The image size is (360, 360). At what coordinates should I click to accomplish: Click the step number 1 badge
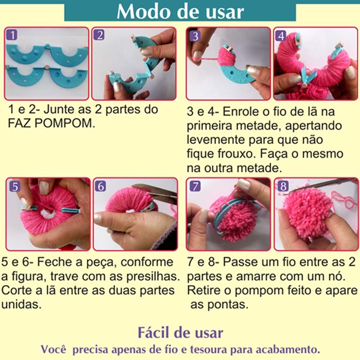pos(12,35)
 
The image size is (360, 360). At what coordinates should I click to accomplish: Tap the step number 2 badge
pos(99,35)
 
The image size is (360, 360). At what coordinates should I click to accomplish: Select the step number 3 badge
pos(195,36)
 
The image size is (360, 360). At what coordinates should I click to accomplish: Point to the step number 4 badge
pos(281,36)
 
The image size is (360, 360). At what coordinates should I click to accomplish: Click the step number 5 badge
pos(15,186)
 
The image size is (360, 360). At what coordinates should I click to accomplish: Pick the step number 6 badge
pos(101,186)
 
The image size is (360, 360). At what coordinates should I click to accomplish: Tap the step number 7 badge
pos(195,186)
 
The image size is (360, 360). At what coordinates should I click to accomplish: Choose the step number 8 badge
pos(283,186)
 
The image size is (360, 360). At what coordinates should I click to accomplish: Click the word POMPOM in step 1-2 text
pos(65,124)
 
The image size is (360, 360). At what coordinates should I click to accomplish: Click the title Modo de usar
pos(180,12)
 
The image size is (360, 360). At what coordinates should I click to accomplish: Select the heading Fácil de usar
pos(180,332)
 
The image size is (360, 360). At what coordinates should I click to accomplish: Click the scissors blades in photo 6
pos(156,192)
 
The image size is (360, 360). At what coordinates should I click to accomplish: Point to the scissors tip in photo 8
pos(285,193)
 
